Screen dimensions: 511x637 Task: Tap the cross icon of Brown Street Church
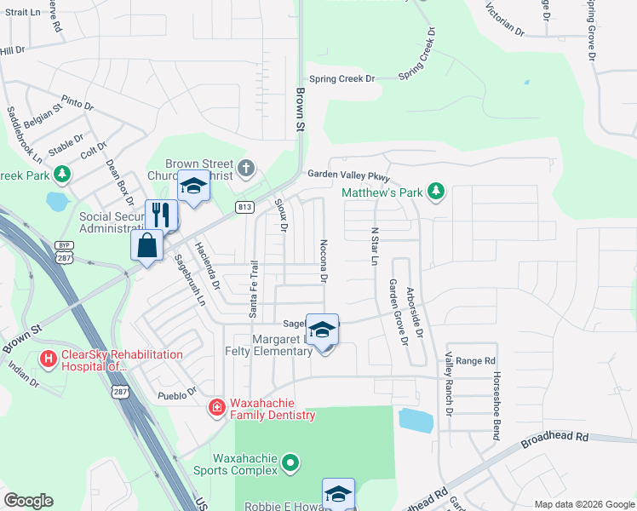point(247,166)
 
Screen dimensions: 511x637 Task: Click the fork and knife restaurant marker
point(161,215)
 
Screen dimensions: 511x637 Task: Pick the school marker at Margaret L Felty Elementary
point(323,330)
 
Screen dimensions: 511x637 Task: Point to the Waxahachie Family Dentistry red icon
point(217,408)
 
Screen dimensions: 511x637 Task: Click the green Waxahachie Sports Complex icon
point(291,462)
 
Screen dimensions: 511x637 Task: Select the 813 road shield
point(245,207)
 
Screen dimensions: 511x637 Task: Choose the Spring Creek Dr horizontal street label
point(341,79)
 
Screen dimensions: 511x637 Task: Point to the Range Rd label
point(476,361)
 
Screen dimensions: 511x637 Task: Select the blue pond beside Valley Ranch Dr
point(415,420)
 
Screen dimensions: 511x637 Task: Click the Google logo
point(28,502)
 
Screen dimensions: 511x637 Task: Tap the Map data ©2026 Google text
point(584,504)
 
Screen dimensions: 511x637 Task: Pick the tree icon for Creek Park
point(61,175)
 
